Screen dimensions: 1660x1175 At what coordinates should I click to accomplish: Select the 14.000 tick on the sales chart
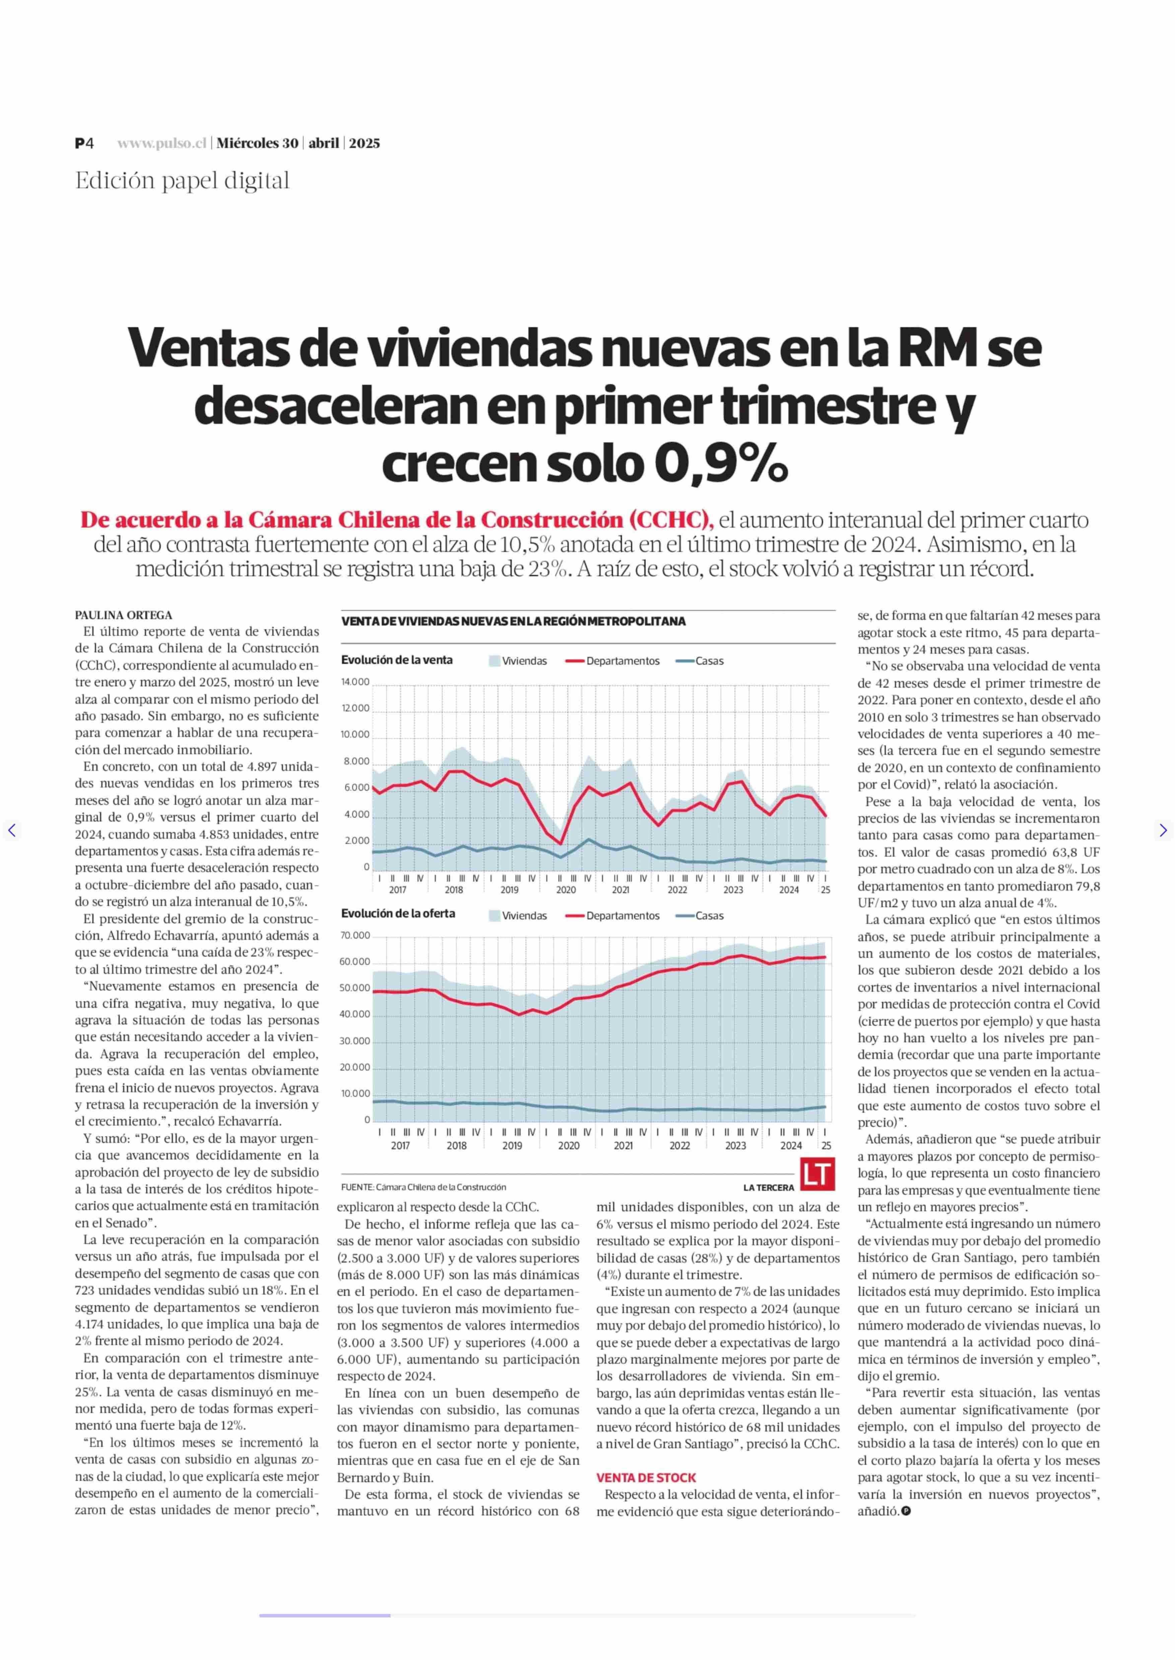click(355, 682)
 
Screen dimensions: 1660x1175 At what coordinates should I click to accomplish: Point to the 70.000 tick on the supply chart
click(355, 935)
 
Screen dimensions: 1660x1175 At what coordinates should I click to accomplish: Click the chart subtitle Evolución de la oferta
click(398, 914)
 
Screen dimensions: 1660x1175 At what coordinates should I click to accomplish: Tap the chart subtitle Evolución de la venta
click(397, 660)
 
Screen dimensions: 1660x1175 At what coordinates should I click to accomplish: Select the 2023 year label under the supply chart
click(735, 1146)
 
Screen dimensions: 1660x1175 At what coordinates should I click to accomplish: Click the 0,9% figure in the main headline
click(720, 465)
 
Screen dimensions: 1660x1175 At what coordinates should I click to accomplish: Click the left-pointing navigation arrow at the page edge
click(12, 830)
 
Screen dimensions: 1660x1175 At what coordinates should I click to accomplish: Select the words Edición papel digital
click(182, 181)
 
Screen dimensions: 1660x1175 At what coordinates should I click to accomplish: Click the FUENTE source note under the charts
click(423, 1187)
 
